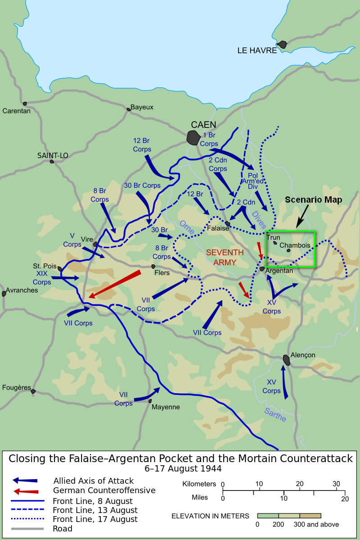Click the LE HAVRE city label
coord(257,50)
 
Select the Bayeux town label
coord(142,107)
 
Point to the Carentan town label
coord(16,111)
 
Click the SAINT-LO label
coord(53,155)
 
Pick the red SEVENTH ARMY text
coord(225,257)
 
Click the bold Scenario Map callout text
coord(313,200)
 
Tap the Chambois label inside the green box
coord(295,245)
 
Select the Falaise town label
coord(218,229)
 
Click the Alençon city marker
coord(287,359)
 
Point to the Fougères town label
coord(16,387)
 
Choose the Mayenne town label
coord(166,407)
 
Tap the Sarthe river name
coord(274,414)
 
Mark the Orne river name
coord(187,227)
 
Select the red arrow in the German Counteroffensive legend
coord(26,490)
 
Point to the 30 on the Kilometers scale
coord(336,484)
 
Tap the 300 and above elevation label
coord(316,524)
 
